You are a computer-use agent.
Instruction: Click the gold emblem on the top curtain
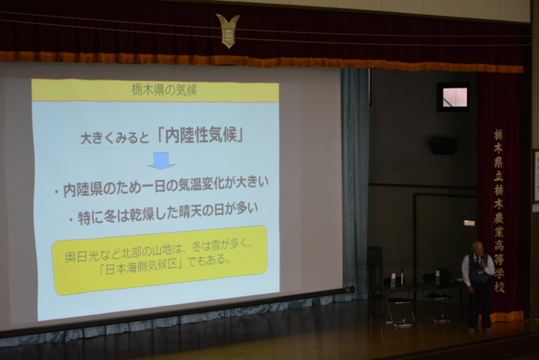(x=228, y=30)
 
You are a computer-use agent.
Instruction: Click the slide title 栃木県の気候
(x=164, y=90)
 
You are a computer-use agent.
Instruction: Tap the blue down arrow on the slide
(x=161, y=160)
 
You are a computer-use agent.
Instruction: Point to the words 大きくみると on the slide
(x=115, y=138)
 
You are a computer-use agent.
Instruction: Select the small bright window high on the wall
(x=454, y=97)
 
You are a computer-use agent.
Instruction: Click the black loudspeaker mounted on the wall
(x=443, y=146)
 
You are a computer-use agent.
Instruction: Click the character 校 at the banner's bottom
(x=499, y=287)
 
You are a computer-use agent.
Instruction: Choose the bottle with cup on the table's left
(x=393, y=279)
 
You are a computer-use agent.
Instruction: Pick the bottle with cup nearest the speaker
(x=437, y=277)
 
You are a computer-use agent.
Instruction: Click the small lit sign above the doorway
(x=469, y=223)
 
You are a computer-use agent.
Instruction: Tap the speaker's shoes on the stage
(x=479, y=330)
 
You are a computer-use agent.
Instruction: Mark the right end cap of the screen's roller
(x=350, y=289)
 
